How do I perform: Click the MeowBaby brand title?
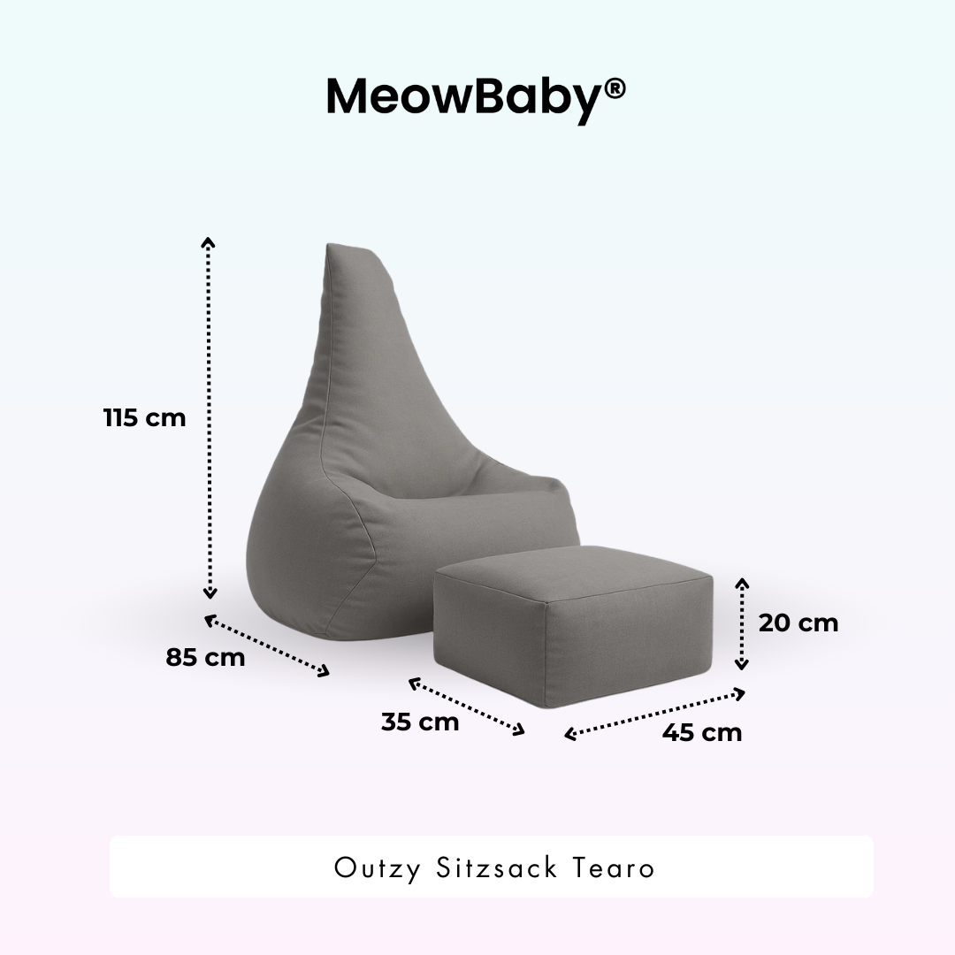tap(465, 96)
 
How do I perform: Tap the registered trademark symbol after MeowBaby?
tap(615, 88)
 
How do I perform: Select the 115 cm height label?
tap(145, 417)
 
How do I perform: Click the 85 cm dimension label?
tap(205, 658)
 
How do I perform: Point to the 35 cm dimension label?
tap(420, 722)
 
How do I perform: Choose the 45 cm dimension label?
tap(702, 733)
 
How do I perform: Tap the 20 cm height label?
tap(798, 623)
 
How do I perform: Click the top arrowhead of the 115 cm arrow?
tap(209, 241)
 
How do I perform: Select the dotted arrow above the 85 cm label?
tap(267, 646)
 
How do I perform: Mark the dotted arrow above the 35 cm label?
tap(467, 706)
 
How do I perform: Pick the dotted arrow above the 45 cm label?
tap(655, 714)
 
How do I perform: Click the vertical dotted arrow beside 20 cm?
tap(742, 623)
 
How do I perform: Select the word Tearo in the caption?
tap(615, 867)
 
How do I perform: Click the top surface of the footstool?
tap(575, 575)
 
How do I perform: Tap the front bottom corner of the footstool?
tap(546, 705)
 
